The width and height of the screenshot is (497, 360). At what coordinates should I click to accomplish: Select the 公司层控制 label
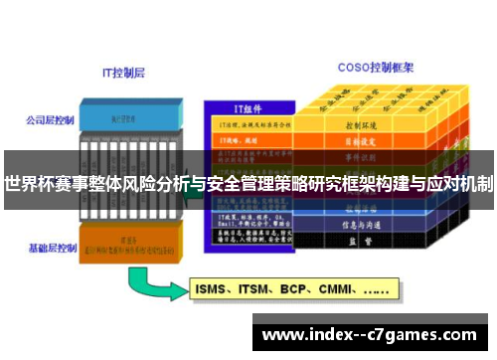pyautogui.click(x=50, y=120)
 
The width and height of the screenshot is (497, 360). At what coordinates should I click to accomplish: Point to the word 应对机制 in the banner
pyautogui.click(x=459, y=184)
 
